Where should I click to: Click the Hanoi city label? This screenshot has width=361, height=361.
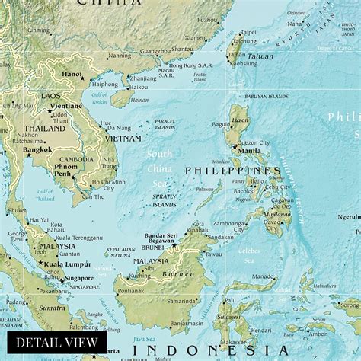[72, 74]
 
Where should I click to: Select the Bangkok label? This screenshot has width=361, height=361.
[37, 149]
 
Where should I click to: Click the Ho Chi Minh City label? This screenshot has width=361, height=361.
[109, 183]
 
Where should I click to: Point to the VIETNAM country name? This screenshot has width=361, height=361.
[123, 139]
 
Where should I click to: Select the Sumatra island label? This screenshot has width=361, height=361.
[53, 307]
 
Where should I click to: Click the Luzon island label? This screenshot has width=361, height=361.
[240, 121]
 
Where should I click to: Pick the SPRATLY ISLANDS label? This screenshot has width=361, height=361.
[164, 200]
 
